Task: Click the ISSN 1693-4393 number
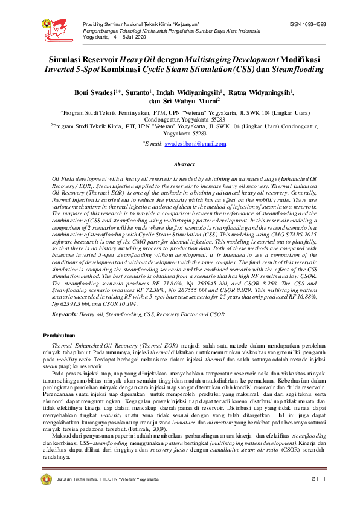[308, 24]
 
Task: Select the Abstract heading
[184, 164]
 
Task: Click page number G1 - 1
[319, 479]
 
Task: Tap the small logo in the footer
[46, 479]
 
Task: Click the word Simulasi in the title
[68, 60]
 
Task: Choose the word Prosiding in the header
[94, 24]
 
